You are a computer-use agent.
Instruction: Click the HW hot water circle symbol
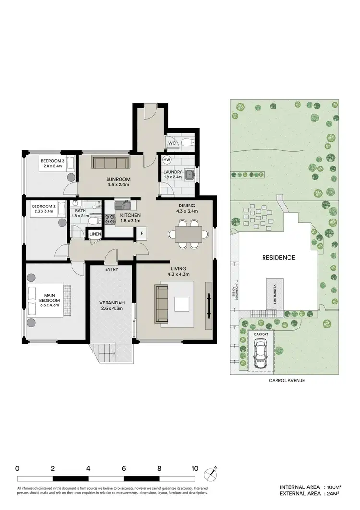click(x=167, y=160)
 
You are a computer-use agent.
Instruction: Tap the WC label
click(x=171, y=143)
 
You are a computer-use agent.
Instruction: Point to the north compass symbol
click(x=212, y=474)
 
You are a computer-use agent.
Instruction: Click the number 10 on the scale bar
click(x=194, y=467)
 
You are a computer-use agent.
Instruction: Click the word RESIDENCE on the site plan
click(x=278, y=257)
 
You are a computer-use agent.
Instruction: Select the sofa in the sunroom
click(x=110, y=162)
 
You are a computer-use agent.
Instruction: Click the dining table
click(x=188, y=234)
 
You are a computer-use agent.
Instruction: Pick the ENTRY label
click(x=111, y=269)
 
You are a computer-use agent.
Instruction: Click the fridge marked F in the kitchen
click(x=142, y=234)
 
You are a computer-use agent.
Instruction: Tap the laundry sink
click(x=190, y=175)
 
